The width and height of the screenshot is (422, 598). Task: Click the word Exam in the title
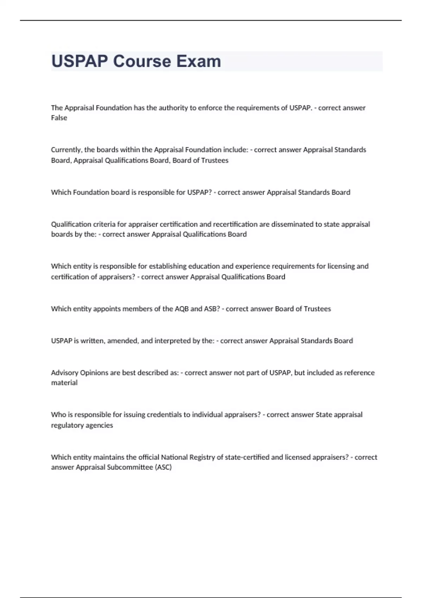pos(199,61)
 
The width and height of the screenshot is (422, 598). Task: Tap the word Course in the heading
pos(142,61)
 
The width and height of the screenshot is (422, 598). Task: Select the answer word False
pos(59,118)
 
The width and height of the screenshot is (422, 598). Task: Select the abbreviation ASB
pos(212,309)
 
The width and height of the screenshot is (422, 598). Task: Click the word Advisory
pos(65,373)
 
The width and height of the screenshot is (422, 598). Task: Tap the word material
pos(64,383)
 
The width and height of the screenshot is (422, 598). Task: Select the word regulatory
pos(66,425)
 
